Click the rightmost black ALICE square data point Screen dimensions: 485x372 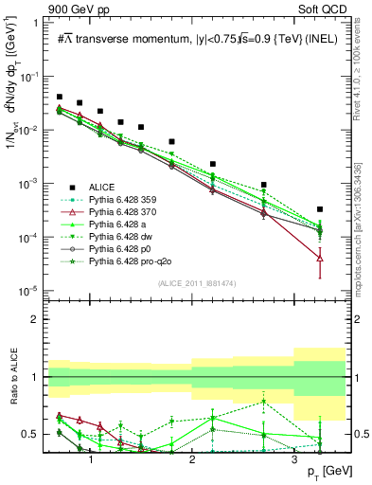[x=320, y=209]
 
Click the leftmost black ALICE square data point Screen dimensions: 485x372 [x=60, y=97]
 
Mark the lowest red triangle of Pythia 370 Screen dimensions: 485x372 [x=320, y=258]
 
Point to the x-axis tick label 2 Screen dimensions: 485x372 [x=192, y=458]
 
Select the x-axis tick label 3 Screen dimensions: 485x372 [x=294, y=458]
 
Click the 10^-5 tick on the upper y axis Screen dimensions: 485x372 [x=34, y=290]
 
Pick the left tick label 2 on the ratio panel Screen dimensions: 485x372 [x=39, y=319]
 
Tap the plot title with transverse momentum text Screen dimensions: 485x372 [x=194, y=38]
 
